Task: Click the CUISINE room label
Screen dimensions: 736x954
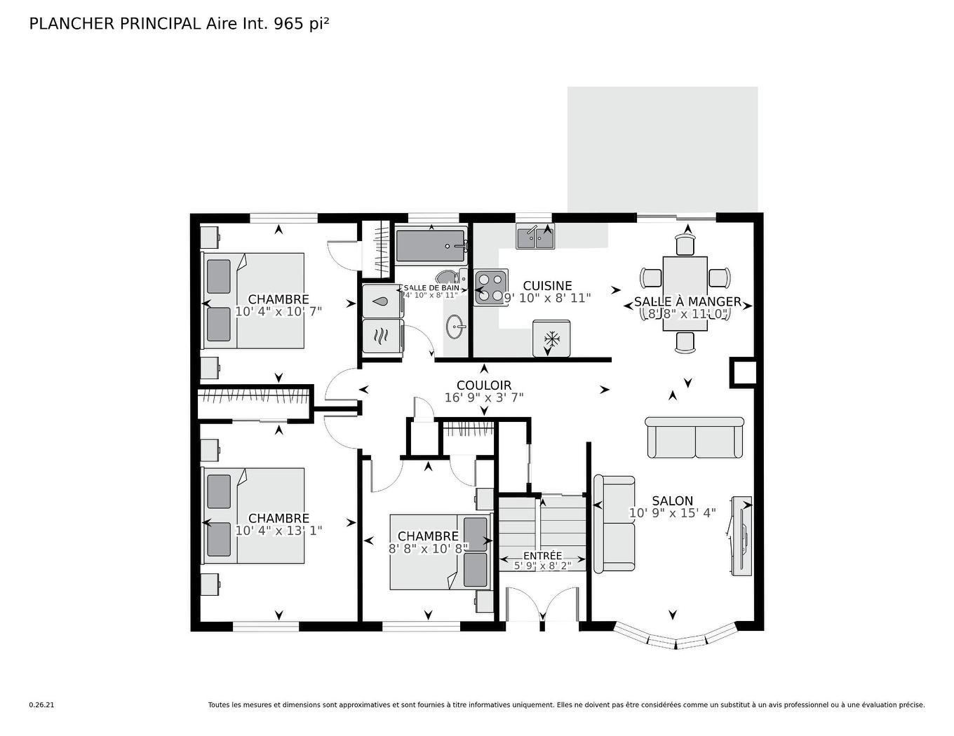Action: tap(547, 286)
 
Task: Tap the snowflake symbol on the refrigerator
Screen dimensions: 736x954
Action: tap(552, 339)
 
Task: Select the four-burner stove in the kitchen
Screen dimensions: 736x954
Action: tap(490, 287)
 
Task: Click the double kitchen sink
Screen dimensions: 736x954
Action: tap(535, 238)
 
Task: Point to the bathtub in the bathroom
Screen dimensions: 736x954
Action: tap(429, 246)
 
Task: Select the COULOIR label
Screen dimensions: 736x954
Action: tap(484, 386)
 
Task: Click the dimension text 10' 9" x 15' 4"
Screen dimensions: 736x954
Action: tap(672, 513)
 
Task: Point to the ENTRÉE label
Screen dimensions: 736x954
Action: tap(542, 555)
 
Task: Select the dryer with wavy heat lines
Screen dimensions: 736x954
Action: tap(380, 336)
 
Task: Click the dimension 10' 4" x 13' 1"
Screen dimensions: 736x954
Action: tap(278, 531)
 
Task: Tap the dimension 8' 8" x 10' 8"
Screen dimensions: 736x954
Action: tap(428, 549)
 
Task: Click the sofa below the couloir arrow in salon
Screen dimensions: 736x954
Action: tap(694, 438)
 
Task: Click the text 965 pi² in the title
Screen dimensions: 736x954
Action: tap(302, 23)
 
